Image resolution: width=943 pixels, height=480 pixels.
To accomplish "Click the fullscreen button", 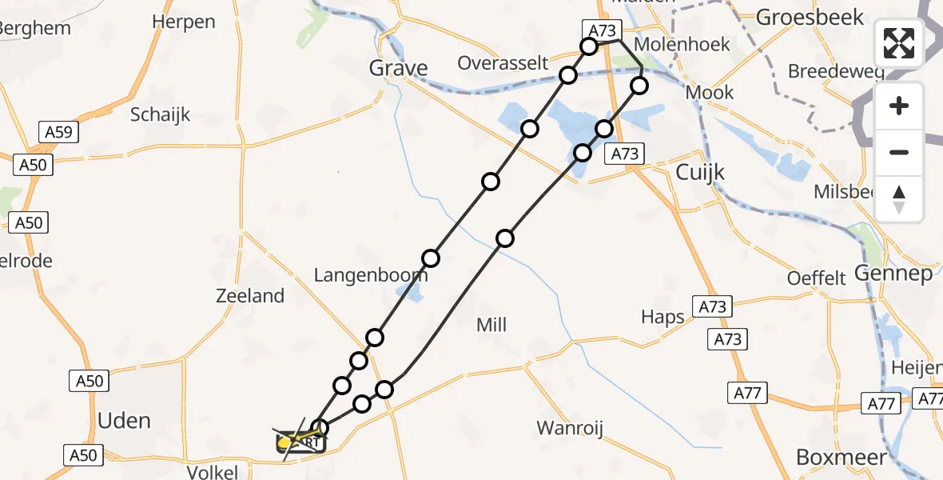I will pos(899,43).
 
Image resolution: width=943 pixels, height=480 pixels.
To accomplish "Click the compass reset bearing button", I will pos(899,199).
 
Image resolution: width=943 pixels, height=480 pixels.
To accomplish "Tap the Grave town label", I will pos(398,68).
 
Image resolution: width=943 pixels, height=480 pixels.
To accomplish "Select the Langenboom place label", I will pos(370,276).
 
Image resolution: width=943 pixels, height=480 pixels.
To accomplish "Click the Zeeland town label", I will pos(250,296).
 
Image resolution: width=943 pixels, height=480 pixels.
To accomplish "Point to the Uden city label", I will pos(124,420).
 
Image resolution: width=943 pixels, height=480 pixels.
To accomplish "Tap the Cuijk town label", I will pos(700,172).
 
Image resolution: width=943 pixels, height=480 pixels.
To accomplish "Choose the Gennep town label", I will pos(893,274).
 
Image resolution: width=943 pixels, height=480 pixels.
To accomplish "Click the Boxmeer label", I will pos(841,457).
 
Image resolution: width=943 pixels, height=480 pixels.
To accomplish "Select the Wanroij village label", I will pos(567,427).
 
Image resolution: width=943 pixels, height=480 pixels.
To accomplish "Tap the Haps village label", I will pos(662,317).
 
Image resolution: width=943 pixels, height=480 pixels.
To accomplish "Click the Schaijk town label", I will pos(161,114).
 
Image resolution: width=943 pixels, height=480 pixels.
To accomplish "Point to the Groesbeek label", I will pos(810,17).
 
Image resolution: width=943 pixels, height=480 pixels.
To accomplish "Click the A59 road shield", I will pos(60,132).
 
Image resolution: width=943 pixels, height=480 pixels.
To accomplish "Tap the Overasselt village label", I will pos(503,63).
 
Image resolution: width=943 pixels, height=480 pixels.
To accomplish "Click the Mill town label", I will pos(491,325).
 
